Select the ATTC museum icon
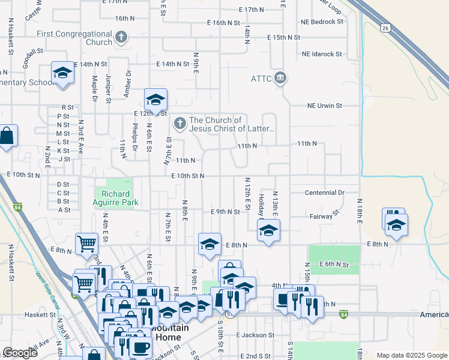coord(280,78)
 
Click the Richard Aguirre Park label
coord(116,198)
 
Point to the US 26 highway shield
coord(385,28)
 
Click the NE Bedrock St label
coord(322,22)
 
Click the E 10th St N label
coord(188,176)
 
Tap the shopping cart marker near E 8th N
coord(87,244)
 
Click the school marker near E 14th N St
coord(62,73)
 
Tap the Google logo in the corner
coord(20,353)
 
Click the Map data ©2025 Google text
coord(411,355)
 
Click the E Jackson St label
coord(255,335)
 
